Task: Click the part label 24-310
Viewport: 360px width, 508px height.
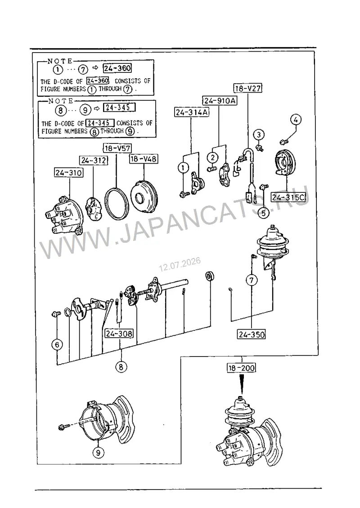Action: (68, 173)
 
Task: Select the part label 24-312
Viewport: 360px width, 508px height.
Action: (94, 160)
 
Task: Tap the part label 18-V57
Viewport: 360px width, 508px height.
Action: (117, 148)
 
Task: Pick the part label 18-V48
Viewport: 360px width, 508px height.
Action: (144, 159)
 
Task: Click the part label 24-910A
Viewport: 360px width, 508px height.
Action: (220, 101)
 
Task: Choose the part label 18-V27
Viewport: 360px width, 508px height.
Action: (248, 88)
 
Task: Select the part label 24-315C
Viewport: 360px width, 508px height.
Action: (288, 197)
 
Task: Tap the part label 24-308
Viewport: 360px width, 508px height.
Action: (119, 334)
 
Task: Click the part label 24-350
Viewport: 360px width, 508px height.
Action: (252, 334)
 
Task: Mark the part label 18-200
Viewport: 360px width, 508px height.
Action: (241, 368)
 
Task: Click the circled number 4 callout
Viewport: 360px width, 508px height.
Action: (296, 120)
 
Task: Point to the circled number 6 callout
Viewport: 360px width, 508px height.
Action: (57, 344)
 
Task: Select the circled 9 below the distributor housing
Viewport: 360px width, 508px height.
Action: (98, 452)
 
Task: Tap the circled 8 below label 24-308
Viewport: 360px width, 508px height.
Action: (121, 367)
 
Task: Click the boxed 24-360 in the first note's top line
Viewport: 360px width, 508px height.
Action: (117, 68)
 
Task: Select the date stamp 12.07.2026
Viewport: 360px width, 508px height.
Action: (180, 264)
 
